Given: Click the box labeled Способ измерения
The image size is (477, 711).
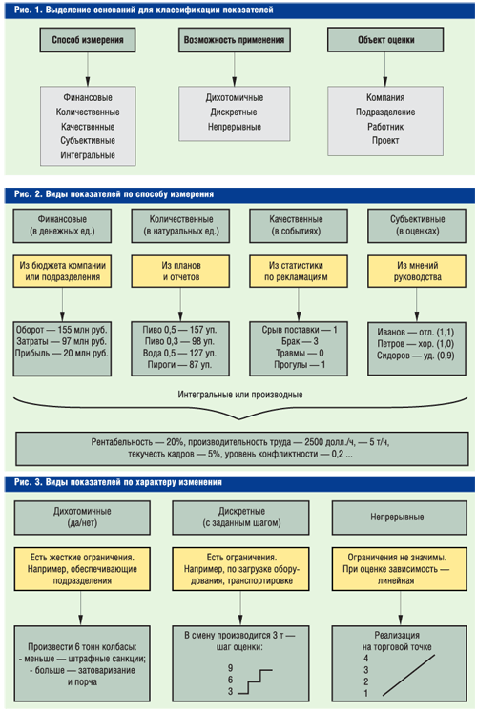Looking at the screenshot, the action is [x=88, y=40].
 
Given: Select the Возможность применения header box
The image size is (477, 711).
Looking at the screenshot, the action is [x=234, y=40].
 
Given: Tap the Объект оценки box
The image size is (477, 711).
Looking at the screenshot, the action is [x=385, y=40].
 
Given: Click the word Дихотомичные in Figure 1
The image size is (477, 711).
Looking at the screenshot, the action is [x=234, y=97].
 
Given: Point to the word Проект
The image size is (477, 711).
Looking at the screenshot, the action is [x=385, y=140].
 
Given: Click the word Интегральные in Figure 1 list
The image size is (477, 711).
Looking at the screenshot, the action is [x=88, y=155].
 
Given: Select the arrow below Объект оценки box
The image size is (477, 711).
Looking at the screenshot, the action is [x=385, y=69].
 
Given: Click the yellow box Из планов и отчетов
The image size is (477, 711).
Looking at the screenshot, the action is [x=180, y=272].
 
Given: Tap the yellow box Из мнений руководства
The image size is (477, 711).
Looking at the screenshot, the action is [x=417, y=272].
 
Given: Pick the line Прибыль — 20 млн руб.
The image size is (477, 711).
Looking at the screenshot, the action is [x=62, y=354].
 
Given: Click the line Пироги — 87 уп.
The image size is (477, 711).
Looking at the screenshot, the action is [x=180, y=365].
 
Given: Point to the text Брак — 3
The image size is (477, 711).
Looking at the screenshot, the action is [x=300, y=341].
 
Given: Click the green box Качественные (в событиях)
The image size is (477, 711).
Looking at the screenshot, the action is [x=299, y=225].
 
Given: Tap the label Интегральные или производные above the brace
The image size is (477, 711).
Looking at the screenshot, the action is [x=240, y=395].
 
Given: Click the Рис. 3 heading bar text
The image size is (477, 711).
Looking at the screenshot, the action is [x=118, y=482].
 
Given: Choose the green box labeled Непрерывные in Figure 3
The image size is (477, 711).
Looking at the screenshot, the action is [x=400, y=518].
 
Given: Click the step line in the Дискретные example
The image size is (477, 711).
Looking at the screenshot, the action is [x=255, y=681].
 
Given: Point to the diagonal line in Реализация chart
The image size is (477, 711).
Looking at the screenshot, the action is [x=408, y=675].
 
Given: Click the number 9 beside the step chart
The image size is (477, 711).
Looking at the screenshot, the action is [x=231, y=668].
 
